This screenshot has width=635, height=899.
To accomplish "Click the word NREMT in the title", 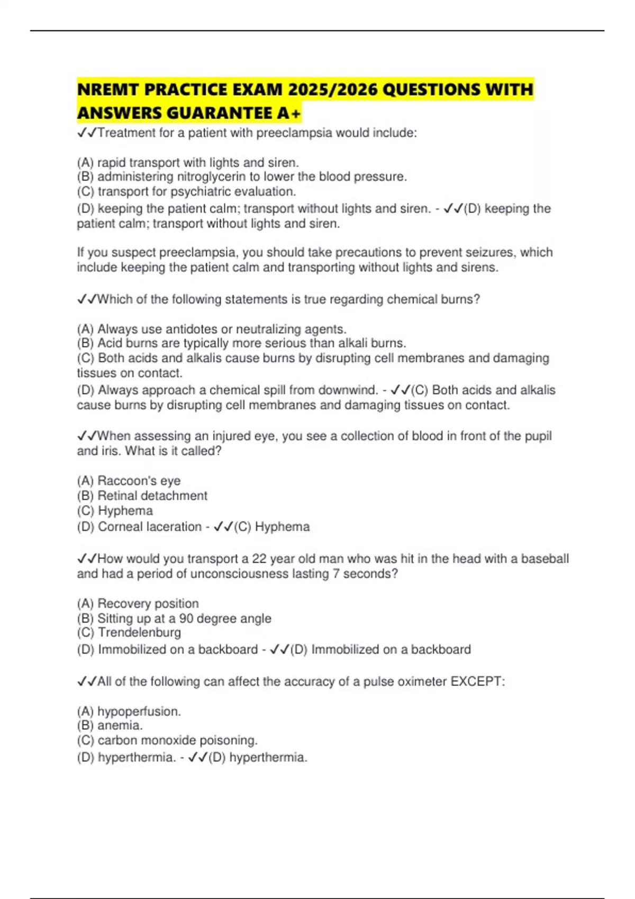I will pyautogui.click(x=108, y=89).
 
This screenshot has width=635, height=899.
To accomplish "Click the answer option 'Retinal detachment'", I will pyautogui.click(x=152, y=496).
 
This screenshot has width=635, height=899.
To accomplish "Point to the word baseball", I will pyautogui.click(x=545, y=559).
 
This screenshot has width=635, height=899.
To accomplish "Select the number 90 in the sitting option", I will pyautogui.click(x=186, y=618).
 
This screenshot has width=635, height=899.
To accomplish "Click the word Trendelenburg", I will pyautogui.click(x=139, y=632).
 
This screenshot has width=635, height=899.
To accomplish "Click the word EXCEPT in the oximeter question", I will pyautogui.click(x=477, y=682).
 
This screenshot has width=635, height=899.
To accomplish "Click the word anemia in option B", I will pyautogui.click(x=120, y=726).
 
